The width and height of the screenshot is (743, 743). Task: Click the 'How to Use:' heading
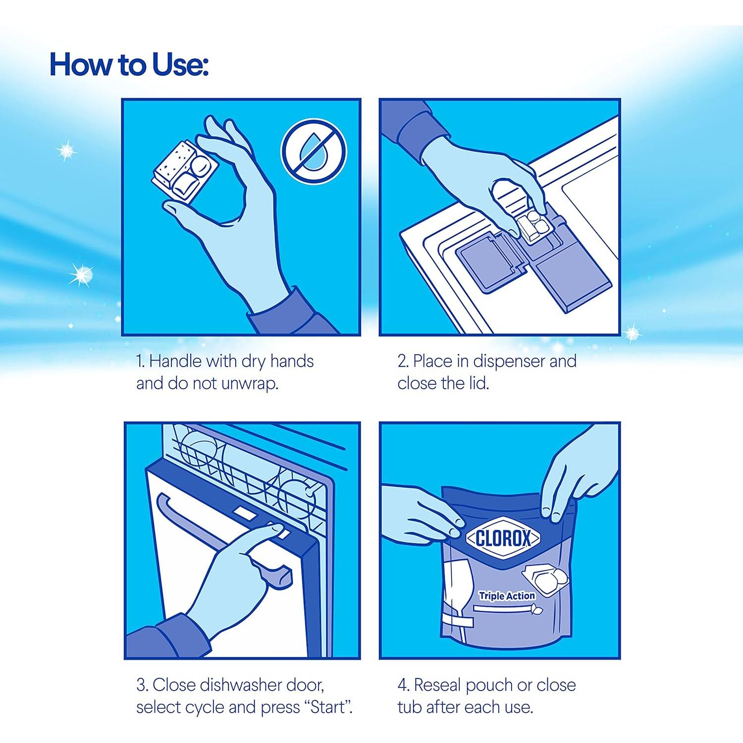coord(129,65)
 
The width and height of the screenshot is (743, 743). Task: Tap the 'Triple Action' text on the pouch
coord(507,596)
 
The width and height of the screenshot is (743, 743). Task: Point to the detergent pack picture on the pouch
coord(547,577)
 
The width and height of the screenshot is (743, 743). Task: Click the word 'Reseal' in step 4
coord(436,685)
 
